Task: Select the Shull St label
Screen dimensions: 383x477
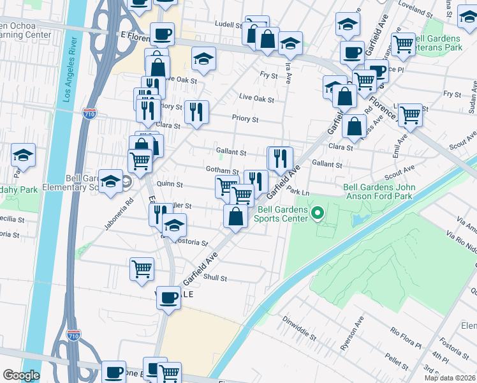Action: click(x=215, y=278)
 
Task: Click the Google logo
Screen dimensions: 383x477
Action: click(x=20, y=375)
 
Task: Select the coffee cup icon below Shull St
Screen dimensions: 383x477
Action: click(x=169, y=297)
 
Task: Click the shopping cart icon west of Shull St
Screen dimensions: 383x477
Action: click(x=142, y=268)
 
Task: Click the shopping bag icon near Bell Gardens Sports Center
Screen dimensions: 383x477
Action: click(x=236, y=216)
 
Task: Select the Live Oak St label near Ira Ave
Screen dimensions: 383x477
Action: click(x=256, y=100)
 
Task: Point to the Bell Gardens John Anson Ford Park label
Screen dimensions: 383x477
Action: click(x=379, y=192)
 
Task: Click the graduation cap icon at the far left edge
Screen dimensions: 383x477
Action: click(x=23, y=154)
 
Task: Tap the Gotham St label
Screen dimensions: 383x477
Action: click(x=222, y=171)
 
